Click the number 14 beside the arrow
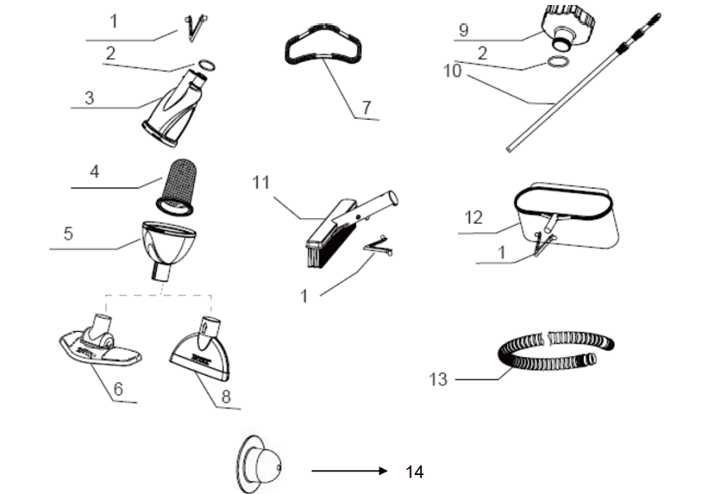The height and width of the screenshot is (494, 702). coord(415,472)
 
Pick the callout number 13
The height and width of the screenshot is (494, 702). coord(438,379)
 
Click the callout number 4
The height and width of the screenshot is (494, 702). coord(94,174)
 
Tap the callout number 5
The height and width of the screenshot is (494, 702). coord(69,234)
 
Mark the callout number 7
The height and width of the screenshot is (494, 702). coord(366,107)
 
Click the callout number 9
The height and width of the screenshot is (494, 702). coord(463,30)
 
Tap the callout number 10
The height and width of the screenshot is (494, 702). coord(452,70)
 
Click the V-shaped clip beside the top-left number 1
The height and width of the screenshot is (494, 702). coord(195,28)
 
